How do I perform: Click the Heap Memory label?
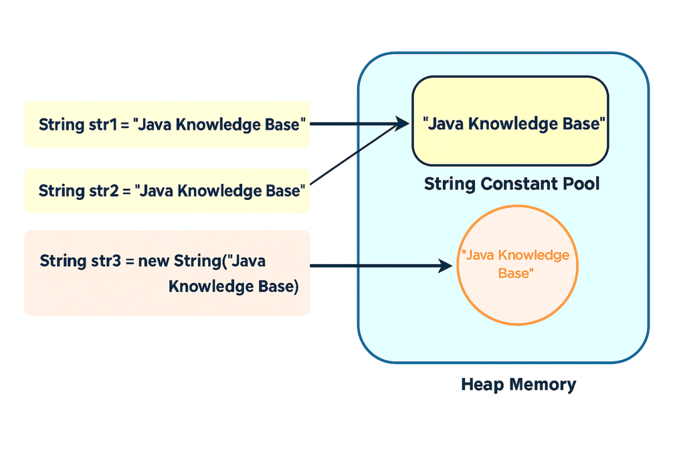518,385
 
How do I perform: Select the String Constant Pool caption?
512,183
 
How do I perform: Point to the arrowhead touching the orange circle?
445,265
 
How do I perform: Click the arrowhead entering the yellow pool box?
402,123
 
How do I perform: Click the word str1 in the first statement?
103,124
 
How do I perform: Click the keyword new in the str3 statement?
153,261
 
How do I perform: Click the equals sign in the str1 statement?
125,125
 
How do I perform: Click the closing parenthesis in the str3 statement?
296,286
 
